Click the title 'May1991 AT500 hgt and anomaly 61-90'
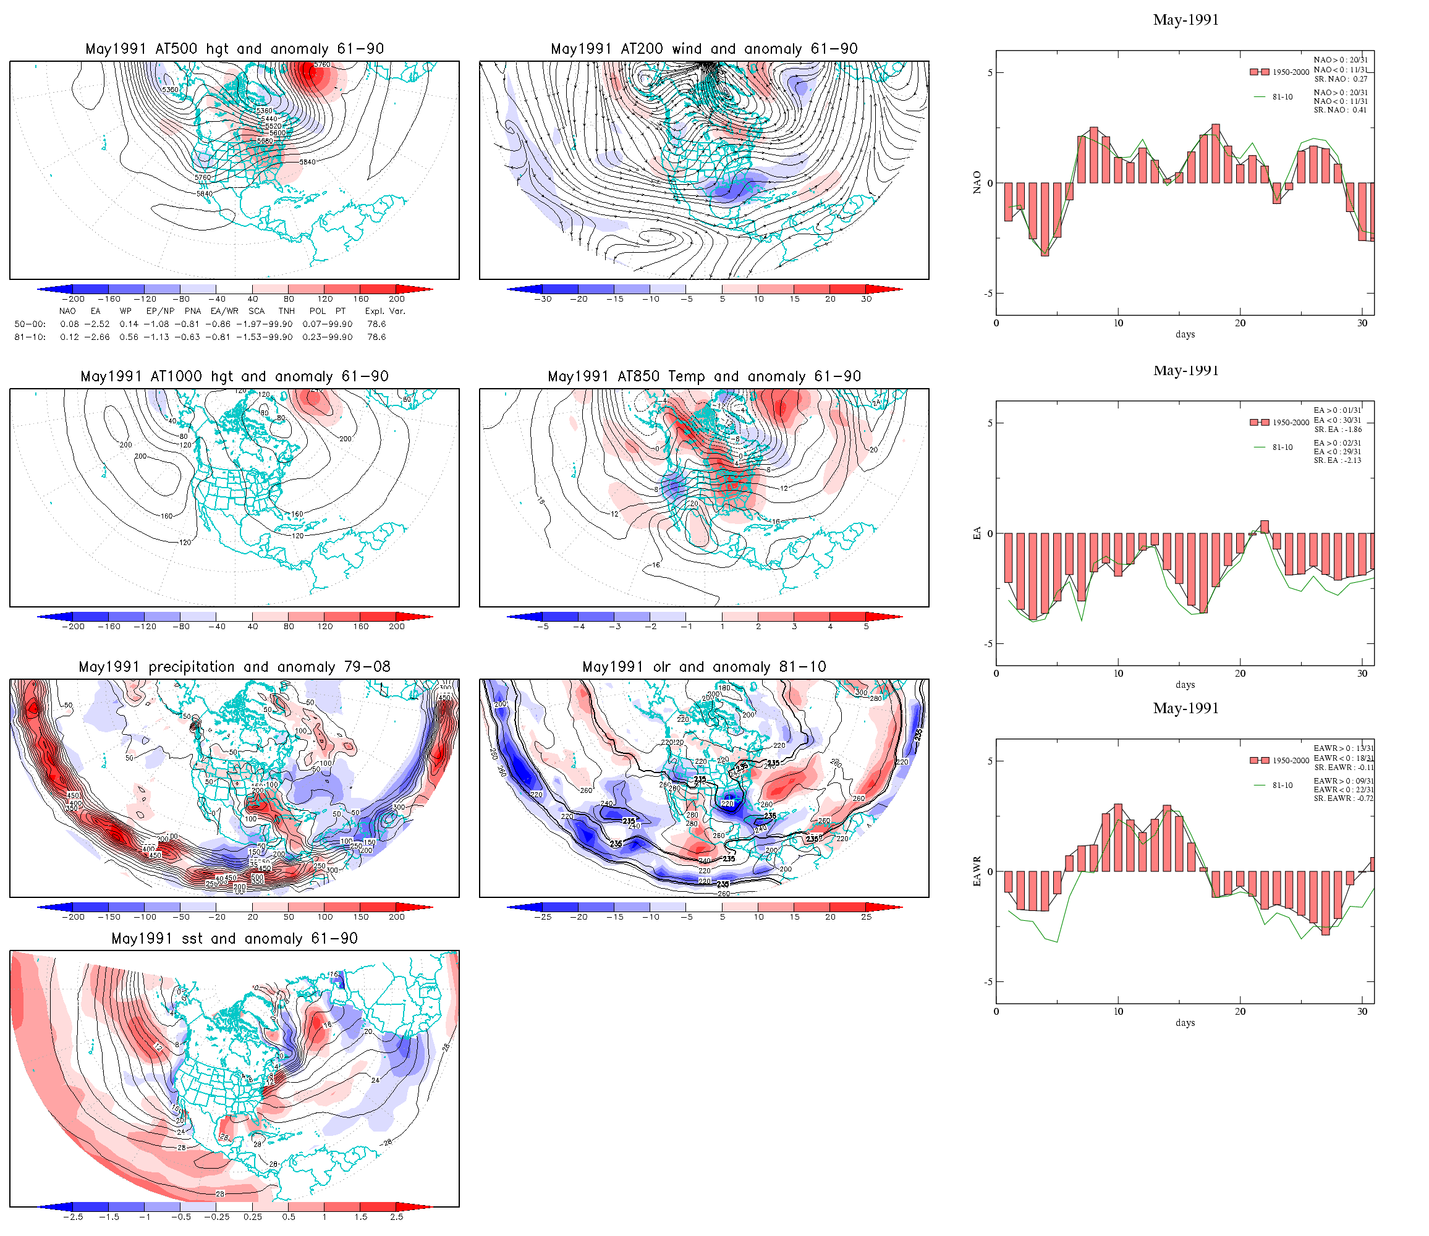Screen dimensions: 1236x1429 click(x=234, y=49)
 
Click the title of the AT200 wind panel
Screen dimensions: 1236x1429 click(x=704, y=49)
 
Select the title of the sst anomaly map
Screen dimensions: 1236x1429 click(x=234, y=939)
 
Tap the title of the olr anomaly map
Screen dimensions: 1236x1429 click(x=704, y=667)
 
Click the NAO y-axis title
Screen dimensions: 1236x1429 click(x=977, y=183)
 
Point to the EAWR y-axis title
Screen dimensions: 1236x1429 click(x=977, y=871)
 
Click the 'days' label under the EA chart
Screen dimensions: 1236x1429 click(x=1185, y=685)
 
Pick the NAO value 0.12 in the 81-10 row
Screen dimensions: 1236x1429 click(x=70, y=337)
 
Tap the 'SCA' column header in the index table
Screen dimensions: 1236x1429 click(x=257, y=311)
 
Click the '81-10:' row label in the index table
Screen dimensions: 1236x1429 click(x=30, y=337)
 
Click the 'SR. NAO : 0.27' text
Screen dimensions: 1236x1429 click(x=1340, y=78)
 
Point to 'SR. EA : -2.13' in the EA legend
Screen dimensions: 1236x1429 click(x=1338, y=460)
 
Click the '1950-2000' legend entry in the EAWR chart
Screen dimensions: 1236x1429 click(x=1291, y=761)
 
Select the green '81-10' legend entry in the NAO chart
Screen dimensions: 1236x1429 click(x=1282, y=97)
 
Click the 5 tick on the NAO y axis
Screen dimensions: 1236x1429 click(x=990, y=72)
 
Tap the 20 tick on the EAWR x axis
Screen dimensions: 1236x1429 click(x=1240, y=1012)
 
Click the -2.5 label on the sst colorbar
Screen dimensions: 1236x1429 click(x=73, y=1217)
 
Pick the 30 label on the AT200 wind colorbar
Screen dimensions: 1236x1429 click(x=866, y=299)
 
